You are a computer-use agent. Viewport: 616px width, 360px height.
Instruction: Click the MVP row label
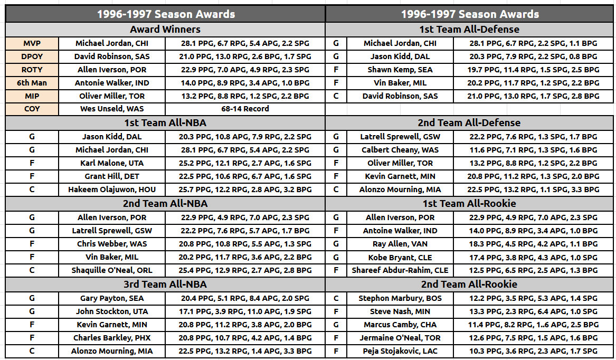(32, 43)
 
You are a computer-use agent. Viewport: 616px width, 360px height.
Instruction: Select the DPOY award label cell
(32, 56)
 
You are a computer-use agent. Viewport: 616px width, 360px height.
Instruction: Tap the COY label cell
(32, 109)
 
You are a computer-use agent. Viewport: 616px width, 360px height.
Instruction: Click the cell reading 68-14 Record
(245, 109)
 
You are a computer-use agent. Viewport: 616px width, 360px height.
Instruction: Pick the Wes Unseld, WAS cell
(112, 109)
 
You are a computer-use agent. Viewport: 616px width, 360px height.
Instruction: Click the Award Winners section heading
(165, 30)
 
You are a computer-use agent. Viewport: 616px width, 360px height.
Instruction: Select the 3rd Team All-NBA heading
(165, 284)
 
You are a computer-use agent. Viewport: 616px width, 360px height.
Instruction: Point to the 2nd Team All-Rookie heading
(469, 284)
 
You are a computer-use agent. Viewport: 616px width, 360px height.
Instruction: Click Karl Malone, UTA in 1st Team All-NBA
(112, 163)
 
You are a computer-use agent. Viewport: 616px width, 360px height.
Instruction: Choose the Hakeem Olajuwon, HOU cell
(112, 190)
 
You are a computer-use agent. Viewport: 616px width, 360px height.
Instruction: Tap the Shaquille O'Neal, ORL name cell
(112, 270)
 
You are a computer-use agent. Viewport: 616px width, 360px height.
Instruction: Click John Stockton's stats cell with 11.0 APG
(245, 311)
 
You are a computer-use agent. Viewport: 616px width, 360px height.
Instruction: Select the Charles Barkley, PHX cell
(112, 338)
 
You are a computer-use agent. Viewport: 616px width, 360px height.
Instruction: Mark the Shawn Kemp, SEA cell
(400, 70)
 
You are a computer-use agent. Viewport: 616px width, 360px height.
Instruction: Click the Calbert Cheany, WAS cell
(400, 150)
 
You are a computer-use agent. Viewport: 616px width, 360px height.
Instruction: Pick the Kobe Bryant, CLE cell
(400, 258)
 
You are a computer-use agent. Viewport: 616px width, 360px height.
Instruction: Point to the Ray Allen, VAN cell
(400, 244)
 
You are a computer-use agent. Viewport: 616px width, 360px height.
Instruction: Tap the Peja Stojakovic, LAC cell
(400, 351)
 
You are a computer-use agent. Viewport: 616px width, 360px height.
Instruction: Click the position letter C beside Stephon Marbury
(336, 298)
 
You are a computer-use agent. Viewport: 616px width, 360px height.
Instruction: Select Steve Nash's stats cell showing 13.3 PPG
(533, 311)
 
